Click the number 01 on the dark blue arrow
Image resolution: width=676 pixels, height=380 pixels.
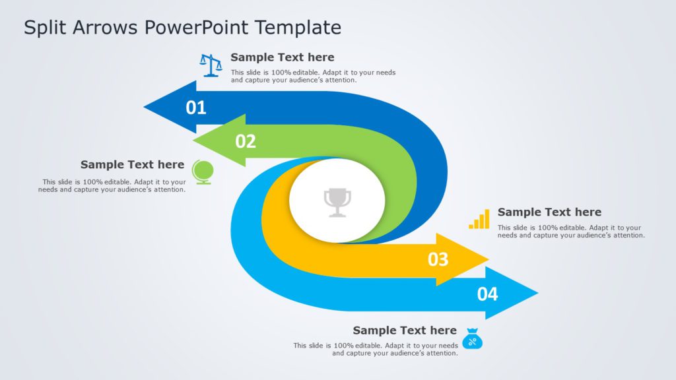point(196,108)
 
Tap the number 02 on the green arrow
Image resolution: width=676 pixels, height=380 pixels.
point(246,141)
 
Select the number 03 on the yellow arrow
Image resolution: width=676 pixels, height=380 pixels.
point(438,259)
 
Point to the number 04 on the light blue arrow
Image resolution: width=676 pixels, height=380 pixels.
point(487,294)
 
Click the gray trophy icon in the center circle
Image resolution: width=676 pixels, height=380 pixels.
point(337,202)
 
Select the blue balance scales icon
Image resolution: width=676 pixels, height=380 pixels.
point(211,65)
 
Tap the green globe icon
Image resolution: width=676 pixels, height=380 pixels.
point(202,172)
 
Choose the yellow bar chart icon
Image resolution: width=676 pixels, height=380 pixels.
point(479,219)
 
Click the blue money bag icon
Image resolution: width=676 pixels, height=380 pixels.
point(472,338)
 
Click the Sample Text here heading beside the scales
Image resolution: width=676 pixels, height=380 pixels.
point(282,57)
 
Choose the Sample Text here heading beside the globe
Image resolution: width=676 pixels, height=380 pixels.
point(132,164)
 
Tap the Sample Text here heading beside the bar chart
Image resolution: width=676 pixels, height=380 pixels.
point(549,212)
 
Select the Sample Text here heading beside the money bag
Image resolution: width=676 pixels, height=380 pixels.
point(404,330)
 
